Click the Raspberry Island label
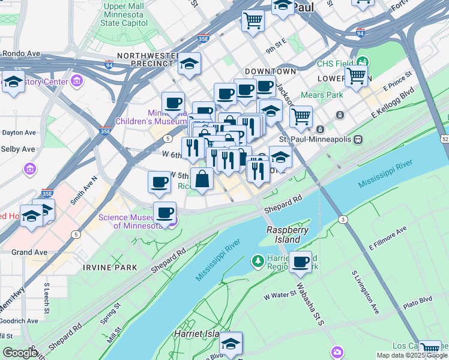(x=283, y=235)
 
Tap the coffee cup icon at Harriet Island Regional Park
(x=301, y=262)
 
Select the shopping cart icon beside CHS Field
(x=356, y=77)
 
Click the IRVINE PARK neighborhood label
(x=110, y=267)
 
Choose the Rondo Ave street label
(x=20, y=53)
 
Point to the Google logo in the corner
(x=20, y=352)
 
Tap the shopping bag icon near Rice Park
(x=202, y=179)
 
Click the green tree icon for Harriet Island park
(x=258, y=261)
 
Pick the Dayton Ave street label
(x=19, y=132)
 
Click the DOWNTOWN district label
(x=270, y=71)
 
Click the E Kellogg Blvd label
(x=393, y=103)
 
